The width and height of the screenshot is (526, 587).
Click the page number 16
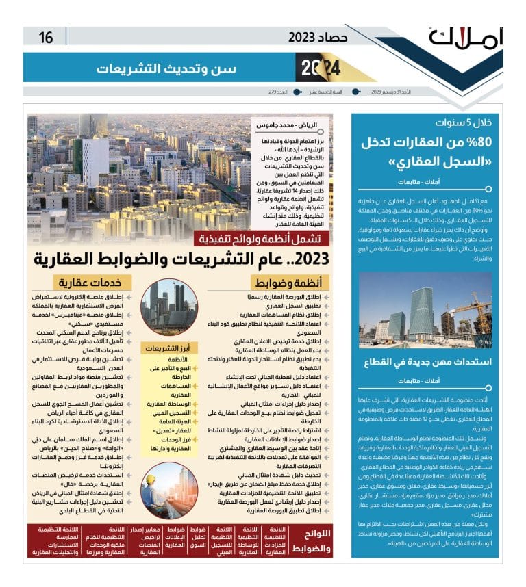point(46,37)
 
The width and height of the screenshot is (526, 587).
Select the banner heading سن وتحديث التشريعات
point(167,68)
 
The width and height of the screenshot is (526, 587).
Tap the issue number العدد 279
point(277,92)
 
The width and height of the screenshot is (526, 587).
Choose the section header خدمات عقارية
point(84,283)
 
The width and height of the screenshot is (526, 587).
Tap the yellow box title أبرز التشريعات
point(168,348)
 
